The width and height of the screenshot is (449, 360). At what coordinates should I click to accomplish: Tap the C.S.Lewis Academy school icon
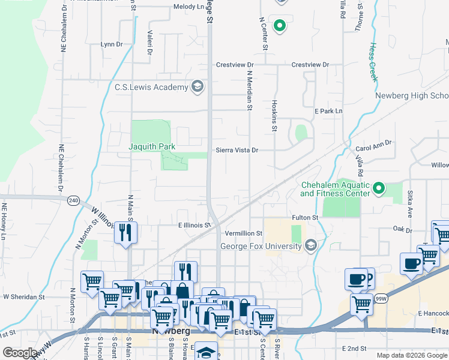[x=197, y=87]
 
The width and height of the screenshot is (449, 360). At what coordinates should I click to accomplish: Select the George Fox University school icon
[x=310, y=246]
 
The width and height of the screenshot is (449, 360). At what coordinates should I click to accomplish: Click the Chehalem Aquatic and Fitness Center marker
[x=378, y=189]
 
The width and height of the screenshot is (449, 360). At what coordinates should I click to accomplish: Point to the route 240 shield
[x=73, y=200]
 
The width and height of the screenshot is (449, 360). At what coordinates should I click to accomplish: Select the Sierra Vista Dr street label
[x=237, y=151]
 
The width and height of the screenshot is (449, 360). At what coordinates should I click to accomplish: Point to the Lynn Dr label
[x=111, y=44]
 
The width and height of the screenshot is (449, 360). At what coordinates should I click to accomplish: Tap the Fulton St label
[x=305, y=217]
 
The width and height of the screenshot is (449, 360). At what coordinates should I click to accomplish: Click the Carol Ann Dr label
[x=373, y=143]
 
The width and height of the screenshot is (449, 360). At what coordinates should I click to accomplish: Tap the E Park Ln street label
[x=328, y=111]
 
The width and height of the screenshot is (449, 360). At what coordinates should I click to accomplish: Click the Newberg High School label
[x=412, y=96]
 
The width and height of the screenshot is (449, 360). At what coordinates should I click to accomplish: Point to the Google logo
[x=20, y=353]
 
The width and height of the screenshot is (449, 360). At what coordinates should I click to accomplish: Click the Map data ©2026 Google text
[x=412, y=355]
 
